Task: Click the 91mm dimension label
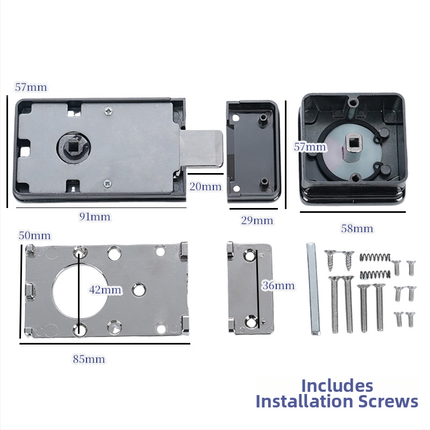tap(95, 217)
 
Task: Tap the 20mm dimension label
tap(205, 187)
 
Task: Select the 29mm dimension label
tap(257, 220)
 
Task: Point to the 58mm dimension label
tap(357, 228)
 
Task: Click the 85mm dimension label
tap(89, 359)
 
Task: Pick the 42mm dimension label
tap(105, 290)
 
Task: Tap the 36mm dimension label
tap(278, 285)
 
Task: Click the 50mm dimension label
tap(34, 235)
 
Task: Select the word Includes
tap(337, 386)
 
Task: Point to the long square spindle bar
tap(313, 289)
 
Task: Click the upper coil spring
tap(375, 257)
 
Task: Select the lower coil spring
tap(375, 274)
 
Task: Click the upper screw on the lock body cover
tap(109, 111)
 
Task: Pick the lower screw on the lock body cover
tap(107, 183)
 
